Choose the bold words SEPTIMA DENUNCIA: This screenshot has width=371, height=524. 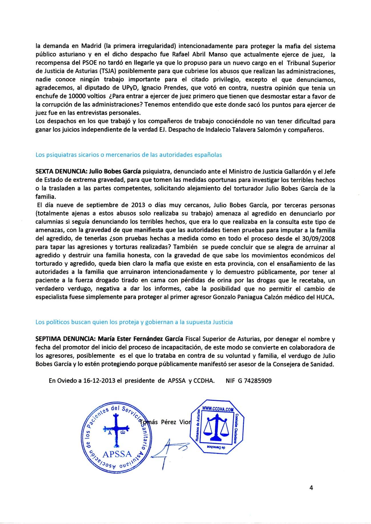(x=65, y=339)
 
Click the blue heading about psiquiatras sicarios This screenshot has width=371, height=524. (x=129, y=155)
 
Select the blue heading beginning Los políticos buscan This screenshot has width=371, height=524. (x=134, y=322)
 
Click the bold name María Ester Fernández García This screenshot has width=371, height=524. (x=141, y=339)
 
